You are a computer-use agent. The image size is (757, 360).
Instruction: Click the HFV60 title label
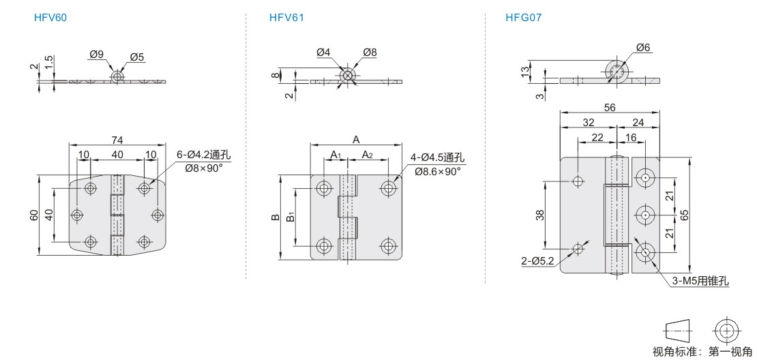tap(50, 18)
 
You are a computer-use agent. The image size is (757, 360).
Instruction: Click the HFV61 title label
tap(286, 18)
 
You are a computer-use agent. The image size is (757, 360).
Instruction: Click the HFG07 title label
tap(523, 18)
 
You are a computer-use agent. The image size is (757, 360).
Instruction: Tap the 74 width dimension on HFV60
tap(117, 140)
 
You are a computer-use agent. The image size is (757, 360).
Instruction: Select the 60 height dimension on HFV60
tap(33, 215)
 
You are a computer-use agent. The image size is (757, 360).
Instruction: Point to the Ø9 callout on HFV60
tap(97, 55)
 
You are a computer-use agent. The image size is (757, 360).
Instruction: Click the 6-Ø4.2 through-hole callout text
tap(203, 155)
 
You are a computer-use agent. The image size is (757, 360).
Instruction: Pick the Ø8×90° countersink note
tap(205, 168)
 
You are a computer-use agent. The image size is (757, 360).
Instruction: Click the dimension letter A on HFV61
tap(356, 140)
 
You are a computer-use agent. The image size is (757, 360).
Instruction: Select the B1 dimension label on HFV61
tap(290, 215)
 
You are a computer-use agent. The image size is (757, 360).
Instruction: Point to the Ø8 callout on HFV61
tap(370, 52)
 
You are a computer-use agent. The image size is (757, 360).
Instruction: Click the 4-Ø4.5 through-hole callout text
tap(437, 157)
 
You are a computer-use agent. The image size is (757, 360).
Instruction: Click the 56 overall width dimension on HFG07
tap(610, 107)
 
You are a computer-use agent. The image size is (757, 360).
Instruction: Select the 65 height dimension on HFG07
tap(685, 215)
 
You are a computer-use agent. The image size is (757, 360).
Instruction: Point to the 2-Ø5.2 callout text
tap(537, 261)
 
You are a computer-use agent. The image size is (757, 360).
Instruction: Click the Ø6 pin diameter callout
tap(644, 47)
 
